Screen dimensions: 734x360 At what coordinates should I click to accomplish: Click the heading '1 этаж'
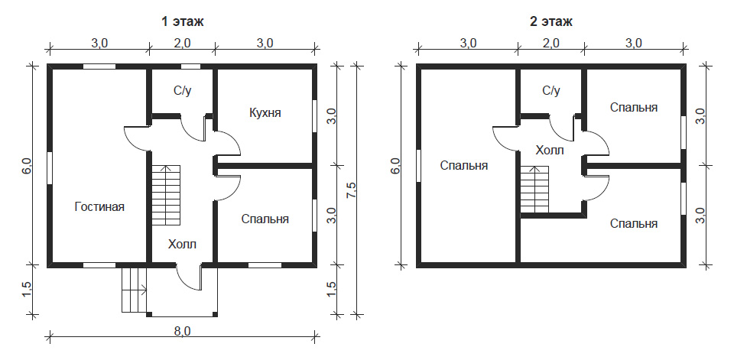(x=183, y=21)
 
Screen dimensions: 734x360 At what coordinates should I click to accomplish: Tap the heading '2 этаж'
(x=551, y=21)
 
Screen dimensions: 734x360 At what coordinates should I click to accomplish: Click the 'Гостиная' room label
(x=99, y=206)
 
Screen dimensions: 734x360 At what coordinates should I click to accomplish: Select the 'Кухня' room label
(x=265, y=113)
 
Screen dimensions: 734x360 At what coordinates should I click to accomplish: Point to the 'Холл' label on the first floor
(x=183, y=244)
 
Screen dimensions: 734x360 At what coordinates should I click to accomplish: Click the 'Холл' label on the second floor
(x=550, y=151)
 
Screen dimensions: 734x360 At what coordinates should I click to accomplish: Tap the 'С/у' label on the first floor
(x=183, y=91)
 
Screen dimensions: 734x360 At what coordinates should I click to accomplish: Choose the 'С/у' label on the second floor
(x=551, y=91)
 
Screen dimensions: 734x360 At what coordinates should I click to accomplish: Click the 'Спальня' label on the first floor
(x=265, y=219)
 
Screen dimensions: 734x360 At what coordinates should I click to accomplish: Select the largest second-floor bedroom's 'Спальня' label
(x=464, y=166)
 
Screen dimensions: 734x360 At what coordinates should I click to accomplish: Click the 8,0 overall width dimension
(x=183, y=330)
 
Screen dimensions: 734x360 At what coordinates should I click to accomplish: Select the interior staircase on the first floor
(x=166, y=195)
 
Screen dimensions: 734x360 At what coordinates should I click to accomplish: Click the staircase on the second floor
(x=534, y=190)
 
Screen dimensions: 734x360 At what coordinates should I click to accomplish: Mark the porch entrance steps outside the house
(x=135, y=290)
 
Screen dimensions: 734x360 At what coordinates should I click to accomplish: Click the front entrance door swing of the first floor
(x=189, y=277)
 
